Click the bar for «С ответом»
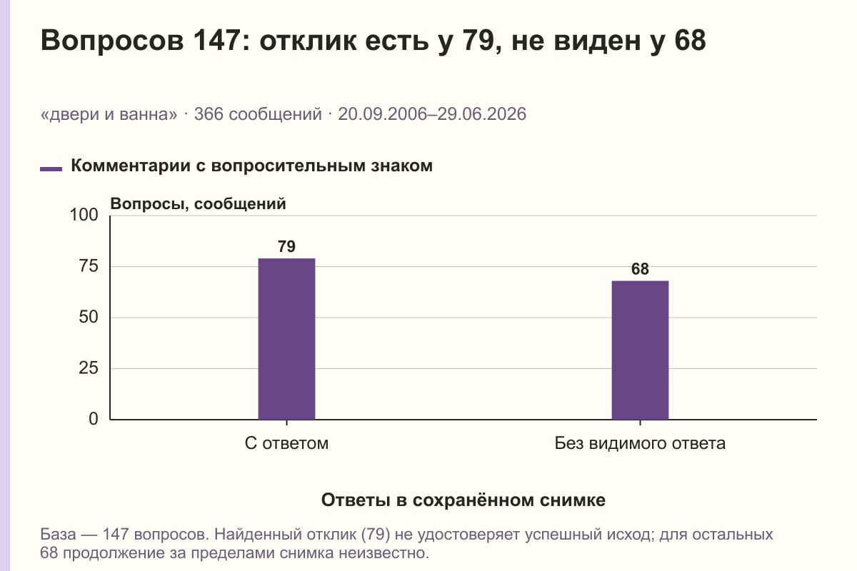(x=286, y=339)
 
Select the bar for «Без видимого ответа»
(x=640, y=350)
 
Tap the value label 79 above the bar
(x=286, y=247)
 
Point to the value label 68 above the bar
(x=640, y=269)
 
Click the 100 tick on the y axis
(x=84, y=215)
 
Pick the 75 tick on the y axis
(x=89, y=266)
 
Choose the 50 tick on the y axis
(x=89, y=317)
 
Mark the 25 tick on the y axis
(x=89, y=368)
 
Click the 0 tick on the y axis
(x=94, y=419)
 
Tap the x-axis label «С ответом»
(x=286, y=443)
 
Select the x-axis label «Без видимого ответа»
(x=640, y=443)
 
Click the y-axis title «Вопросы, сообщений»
(x=199, y=204)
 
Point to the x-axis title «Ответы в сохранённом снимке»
(x=463, y=500)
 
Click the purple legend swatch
(x=51, y=169)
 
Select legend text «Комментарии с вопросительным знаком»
(x=251, y=166)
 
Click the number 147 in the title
(x=216, y=40)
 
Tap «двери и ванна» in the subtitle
(x=109, y=114)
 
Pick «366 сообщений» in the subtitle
(x=258, y=114)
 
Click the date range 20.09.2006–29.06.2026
(x=432, y=114)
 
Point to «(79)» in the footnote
(x=376, y=535)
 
